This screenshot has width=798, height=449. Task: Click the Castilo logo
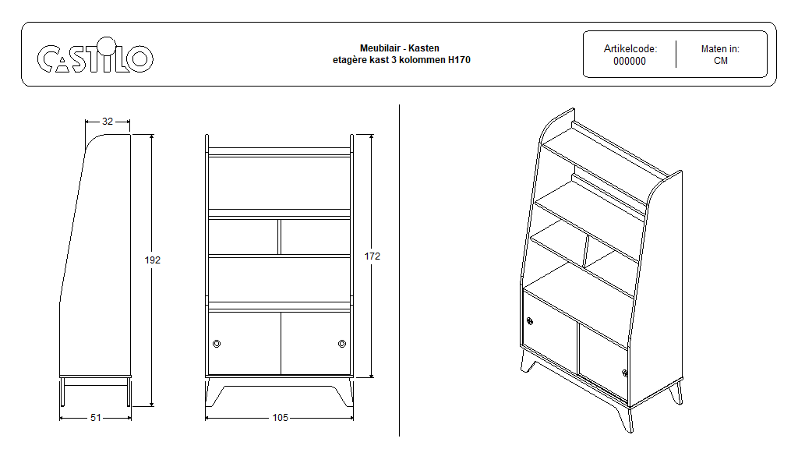[95, 55]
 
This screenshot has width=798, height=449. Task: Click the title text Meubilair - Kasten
[400, 48]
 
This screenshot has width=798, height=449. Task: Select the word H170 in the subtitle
[459, 60]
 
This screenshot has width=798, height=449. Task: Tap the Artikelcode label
[630, 49]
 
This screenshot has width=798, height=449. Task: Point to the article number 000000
[630, 61]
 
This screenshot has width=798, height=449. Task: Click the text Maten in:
[720, 49]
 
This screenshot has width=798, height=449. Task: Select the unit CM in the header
[721, 61]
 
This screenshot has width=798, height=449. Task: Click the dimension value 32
[108, 121]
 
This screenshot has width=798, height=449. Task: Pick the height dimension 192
[153, 260]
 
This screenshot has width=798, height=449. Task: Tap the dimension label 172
[373, 256]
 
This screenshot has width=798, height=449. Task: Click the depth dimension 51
[96, 418]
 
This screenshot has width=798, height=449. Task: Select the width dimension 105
[281, 418]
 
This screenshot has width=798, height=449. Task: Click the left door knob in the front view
[217, 344]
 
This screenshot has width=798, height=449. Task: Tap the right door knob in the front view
[342, 344]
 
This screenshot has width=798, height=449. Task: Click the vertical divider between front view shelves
[280, 237]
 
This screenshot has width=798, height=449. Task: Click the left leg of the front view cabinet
[213, 393]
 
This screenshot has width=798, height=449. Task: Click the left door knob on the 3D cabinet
[530, 321]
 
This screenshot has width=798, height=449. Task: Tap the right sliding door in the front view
[316, 344]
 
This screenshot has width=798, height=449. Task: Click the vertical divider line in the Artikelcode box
[676, 54]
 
